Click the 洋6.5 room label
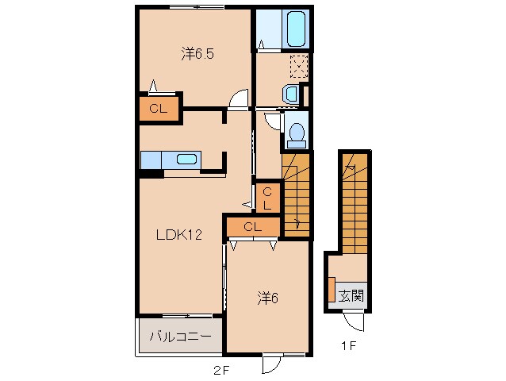197,54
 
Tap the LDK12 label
179,234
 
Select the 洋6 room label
267,298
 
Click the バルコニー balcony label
180,337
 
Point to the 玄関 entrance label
351,295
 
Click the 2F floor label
221,371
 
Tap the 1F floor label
348,346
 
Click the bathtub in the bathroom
296,29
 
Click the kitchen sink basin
186,160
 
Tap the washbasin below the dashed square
291,94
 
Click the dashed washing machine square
299,67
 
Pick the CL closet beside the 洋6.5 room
159,109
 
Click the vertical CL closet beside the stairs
267,198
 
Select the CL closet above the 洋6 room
253,226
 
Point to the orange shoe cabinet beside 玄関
332,289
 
